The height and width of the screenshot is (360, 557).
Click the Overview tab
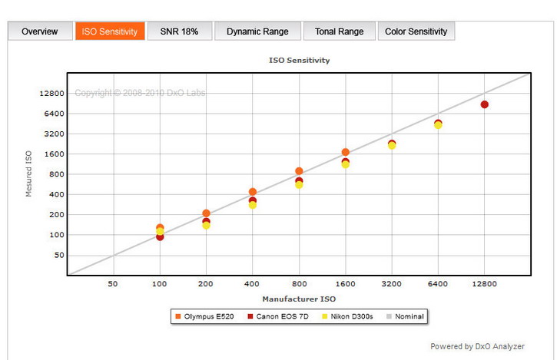pyautogui.click(x=39, y=31)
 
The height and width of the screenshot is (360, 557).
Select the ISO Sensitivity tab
pyautogui.click(x=110, y=31)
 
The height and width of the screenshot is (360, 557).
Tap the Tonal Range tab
pyautogui.click(x=339, y=31)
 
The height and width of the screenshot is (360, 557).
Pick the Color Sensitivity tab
pyautogui.click(x=416, y=31)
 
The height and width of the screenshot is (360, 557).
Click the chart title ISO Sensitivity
pyautogui.click(x=299, y=59)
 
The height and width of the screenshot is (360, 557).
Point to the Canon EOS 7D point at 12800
pyautogui.click(x=484, y=104)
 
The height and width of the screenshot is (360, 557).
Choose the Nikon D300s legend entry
pyautogui.click(x=346, y=316)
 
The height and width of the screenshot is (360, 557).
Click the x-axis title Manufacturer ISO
pyautogui.click(x=299, y=299)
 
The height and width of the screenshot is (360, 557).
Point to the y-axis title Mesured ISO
pyautogui.click(x=29, y=173)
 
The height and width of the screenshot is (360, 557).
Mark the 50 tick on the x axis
pyautogui.click(x=113, y=284)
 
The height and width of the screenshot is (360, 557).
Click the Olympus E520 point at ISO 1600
pyautogui.click(x=345, y=153)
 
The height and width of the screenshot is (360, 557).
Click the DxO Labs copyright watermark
pyautogui.click(x=140, y=94)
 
